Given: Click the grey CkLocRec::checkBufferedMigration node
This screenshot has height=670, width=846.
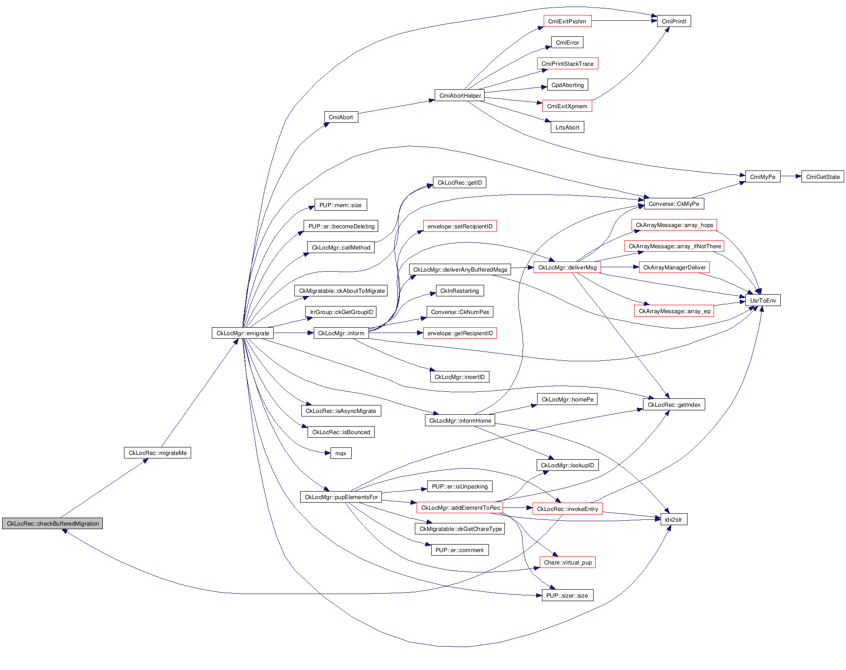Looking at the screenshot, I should pyautogui.click(x=53, y=523).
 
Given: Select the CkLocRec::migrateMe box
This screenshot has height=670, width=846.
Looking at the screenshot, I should pyautogui.click(x=158, y=453).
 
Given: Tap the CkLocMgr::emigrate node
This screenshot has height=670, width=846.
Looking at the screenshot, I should pyautogui.click(x=243, y=333).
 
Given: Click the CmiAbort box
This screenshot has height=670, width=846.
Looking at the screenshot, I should pyautogui.click(x=341, y=117).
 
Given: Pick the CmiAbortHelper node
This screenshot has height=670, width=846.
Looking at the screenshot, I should pyautogui.click(x=460, y=95).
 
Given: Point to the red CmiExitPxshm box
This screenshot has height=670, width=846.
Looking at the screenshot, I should pyautogui.click(x=567, y=21).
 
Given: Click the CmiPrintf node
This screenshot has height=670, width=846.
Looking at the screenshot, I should pyautogui.click(x=674, y=21).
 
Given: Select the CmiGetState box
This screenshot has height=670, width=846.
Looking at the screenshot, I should pyautogui.click(x=823, y=177).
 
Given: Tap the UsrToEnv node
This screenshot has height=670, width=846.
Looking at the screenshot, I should pyautogui.click(x=763, y=300).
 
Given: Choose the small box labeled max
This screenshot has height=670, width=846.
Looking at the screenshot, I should pyautogui.click(x=341, y=453).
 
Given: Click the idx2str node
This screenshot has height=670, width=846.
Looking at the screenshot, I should pyautogui.click(x=673, y=519).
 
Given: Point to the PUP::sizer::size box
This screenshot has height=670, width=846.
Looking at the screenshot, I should pyautogui.click(x=567, y=595).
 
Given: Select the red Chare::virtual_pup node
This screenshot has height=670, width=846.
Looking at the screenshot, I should pyautogui.click(x=568, y=562).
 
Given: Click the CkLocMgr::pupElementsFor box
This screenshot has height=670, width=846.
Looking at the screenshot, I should pyautogui.click(x=341, y=497).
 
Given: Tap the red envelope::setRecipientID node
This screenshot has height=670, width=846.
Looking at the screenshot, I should pyautogui.click(x=460, y=226).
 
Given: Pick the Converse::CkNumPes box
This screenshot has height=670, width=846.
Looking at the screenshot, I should pyautogui.click(x=460, y=312).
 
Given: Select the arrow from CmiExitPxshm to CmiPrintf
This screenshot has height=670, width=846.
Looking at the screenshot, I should pyautogui.click(x=624, y=21).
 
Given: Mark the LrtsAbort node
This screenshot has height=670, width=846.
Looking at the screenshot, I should pyautogui.click(x=567, y=127).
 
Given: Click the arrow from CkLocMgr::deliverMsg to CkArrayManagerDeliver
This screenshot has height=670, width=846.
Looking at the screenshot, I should pyautogui.click(x=620, y=267).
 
